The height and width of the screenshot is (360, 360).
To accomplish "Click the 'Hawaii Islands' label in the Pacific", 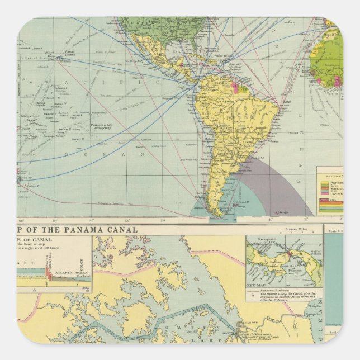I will click(x=60, y=55).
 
